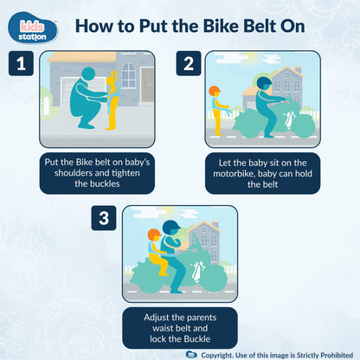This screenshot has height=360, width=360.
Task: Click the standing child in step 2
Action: click(216, 111)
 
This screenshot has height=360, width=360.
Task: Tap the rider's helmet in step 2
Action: click(263, 84)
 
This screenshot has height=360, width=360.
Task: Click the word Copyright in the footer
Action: click(222, 353)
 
